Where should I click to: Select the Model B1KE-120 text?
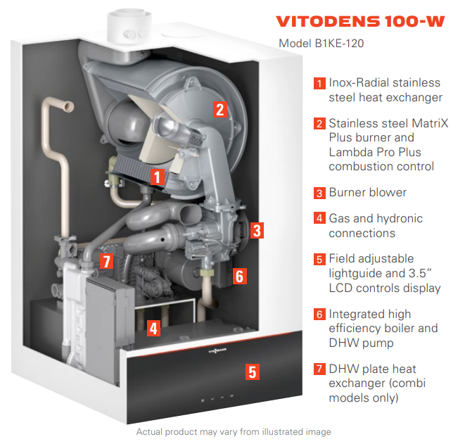[x=321, y=44]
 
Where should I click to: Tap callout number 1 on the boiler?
[x=158, y=177]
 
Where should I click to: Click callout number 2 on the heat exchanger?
[x=219, y=108]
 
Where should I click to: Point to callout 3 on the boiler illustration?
[x=257, y=229]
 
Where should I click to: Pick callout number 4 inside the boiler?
[x=153, y=327]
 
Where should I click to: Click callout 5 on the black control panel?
[x=252, y=372]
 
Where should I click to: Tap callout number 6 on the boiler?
[x=239, y=276]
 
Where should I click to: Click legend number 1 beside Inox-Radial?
[x=319, y=83]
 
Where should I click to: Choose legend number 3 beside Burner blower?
[x=319, y=193]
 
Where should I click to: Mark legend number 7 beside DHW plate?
[x=319, y=369]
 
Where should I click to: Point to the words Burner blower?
[x=367, y=193]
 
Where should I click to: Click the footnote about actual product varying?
[x=233, y=431]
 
